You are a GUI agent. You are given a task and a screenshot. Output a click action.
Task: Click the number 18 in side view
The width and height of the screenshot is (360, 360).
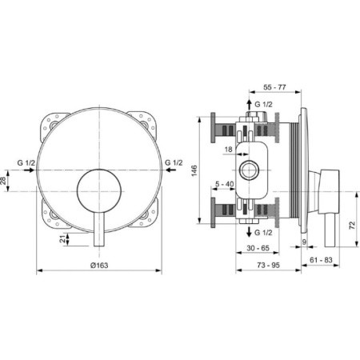coord(228,149)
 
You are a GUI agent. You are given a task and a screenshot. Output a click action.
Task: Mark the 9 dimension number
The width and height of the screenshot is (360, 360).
coord(305,242)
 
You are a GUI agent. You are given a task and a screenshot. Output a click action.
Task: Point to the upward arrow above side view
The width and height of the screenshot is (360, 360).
coord(250,105)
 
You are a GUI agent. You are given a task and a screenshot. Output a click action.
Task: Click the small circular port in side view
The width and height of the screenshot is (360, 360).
coord(250,170)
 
